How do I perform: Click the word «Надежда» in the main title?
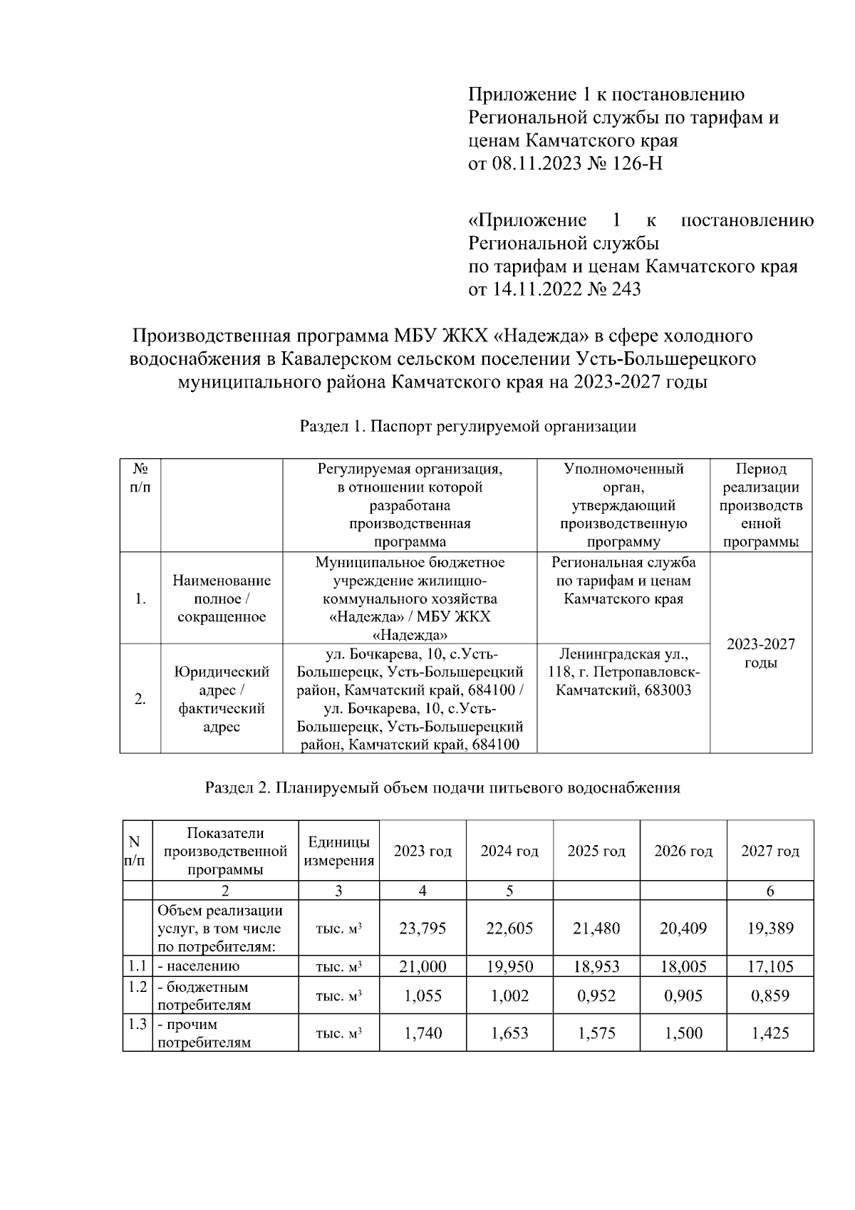coord(539,335)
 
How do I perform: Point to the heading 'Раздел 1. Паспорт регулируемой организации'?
coord(467,427)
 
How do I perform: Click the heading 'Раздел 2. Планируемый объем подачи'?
coord(442,787)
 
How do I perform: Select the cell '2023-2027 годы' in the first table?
coord(760,653)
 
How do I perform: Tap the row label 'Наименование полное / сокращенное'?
coord(222,599)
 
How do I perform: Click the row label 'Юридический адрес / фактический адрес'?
coord(222,699)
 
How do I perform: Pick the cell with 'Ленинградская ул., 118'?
coord(623,672)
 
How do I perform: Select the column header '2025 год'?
coord(596,851)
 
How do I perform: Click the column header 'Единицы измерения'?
coord(338,851)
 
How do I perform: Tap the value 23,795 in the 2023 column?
coord(423,929)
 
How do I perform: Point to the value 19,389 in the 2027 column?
coord(770,929)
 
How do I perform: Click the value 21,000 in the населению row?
coord(423,966)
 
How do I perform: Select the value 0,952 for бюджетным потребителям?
coord(596,996)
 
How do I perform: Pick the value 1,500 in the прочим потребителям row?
coord(683,1033)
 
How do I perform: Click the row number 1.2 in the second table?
coord(137,988)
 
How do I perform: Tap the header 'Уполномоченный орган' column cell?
coord(623,505)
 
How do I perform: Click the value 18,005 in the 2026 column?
coord(683,966)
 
